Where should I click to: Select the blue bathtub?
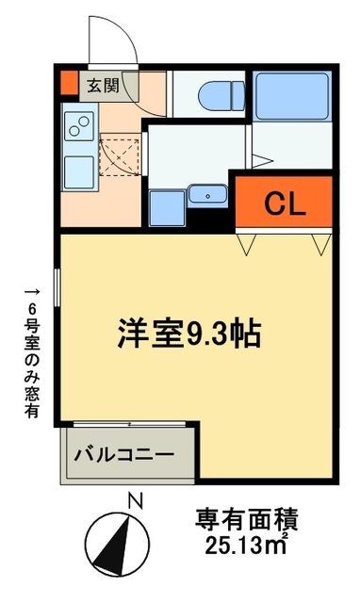290,93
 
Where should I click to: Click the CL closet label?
284,201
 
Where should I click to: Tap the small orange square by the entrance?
67,83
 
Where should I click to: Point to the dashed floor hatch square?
119,153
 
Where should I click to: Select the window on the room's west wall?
58,287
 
